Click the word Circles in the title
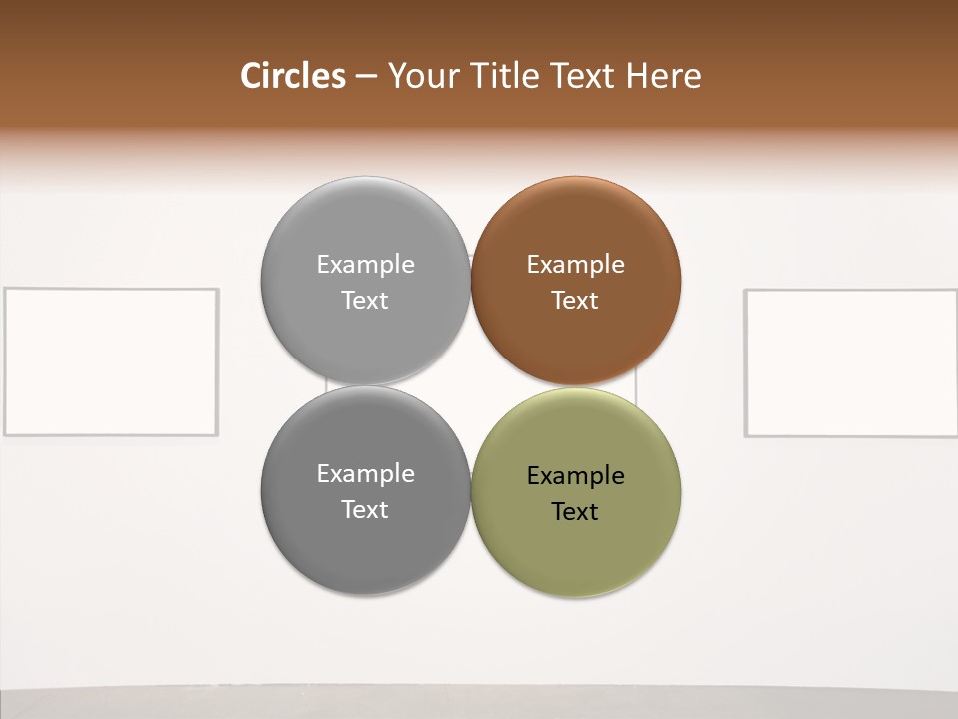tap(293, 76)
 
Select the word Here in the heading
tap(663, 76)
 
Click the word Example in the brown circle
tap(576, 265)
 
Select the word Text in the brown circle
tap(575, 301)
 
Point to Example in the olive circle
tap(576, 476)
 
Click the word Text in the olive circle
tap(575, 512)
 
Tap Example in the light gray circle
tap(365, 265)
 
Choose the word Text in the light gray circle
tap(365, 301)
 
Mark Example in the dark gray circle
tap(365, 474)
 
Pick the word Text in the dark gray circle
tap(365, 510)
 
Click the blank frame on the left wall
tap(111, 361)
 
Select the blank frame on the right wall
tap(851, 362)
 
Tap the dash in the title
tap(366, 77)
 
